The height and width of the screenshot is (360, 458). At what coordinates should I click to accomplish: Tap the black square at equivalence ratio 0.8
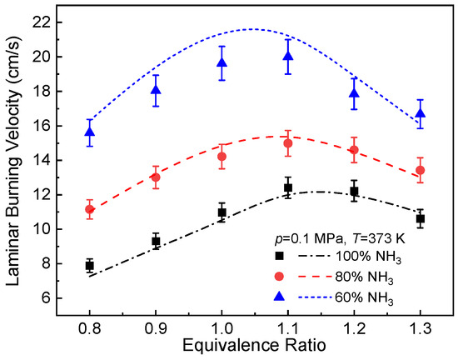tap(89, 265)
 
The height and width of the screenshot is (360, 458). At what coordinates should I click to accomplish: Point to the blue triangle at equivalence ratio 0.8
tap(89, 132)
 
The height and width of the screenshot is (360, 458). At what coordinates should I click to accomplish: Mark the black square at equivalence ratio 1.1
tap(288, 187)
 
